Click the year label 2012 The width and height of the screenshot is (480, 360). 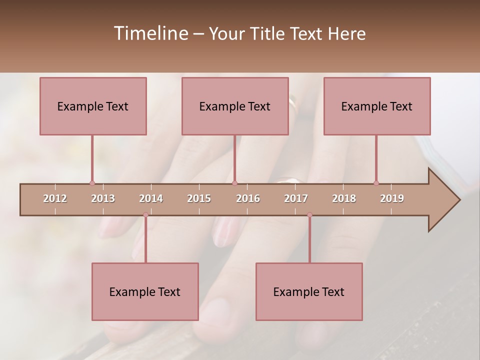click(55, 198)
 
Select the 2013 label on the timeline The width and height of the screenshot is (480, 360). click(103, 198)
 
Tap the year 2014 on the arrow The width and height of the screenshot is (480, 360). click(151, 198)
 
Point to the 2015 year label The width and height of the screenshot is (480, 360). click(199, 198)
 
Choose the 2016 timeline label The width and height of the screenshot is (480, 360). click(248, 198)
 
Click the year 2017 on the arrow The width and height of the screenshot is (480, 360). click(296, 198)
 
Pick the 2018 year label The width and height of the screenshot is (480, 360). click(344, 198)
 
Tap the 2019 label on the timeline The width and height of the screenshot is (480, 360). click(392, 198)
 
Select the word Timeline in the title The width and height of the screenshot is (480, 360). click(150, 33)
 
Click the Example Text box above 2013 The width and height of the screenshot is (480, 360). click(93, 106)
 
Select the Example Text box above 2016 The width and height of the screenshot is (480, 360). click(235, 106)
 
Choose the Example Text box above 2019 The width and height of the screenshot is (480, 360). click(377, 106)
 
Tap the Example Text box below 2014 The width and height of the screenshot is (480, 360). click(145, 292)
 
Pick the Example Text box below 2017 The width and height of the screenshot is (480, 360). click(309, 292)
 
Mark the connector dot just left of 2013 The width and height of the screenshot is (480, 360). click(92, 183)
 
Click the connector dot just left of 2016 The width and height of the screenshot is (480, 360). click(234, 183)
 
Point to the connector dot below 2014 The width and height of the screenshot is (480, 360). click(145, 215)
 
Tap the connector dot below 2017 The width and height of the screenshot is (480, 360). click(309, 215)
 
